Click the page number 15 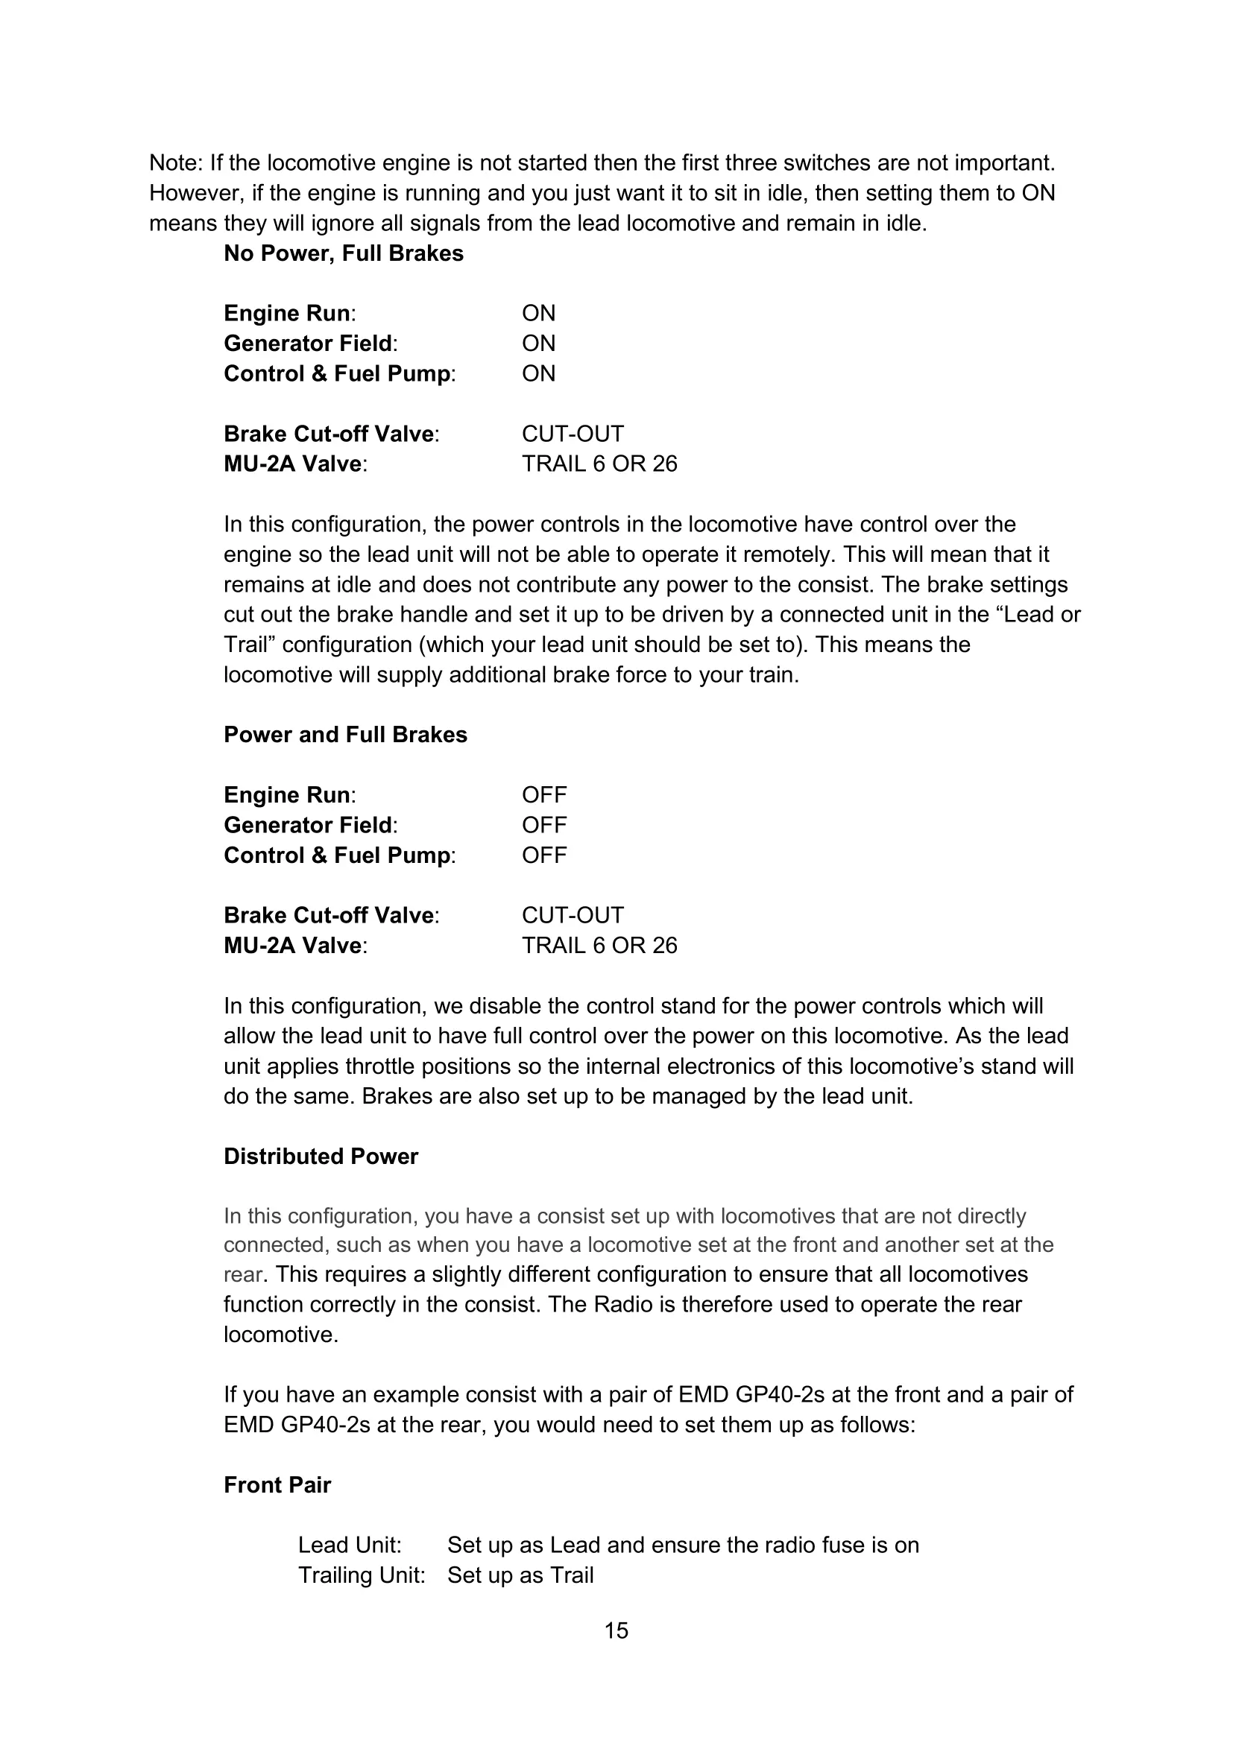coord(616,1630)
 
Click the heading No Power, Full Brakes coord(343,253)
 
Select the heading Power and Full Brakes coord(345,734)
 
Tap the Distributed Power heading coord(321,1156)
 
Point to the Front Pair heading coord(277,1484)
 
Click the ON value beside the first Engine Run coord(538,313)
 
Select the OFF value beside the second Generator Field coord(543,824)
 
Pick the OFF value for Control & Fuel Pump coord(543,855)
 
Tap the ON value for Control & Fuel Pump coord(538,373)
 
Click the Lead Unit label coord(349,1545)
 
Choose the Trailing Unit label coord(362,1575)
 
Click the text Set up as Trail coord(520,1575)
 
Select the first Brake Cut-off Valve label coord(330,434)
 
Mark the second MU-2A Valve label coord(294,945)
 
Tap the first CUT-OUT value coord(573,434)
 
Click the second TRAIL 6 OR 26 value coord(599,945)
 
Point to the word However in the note coord(194,193)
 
